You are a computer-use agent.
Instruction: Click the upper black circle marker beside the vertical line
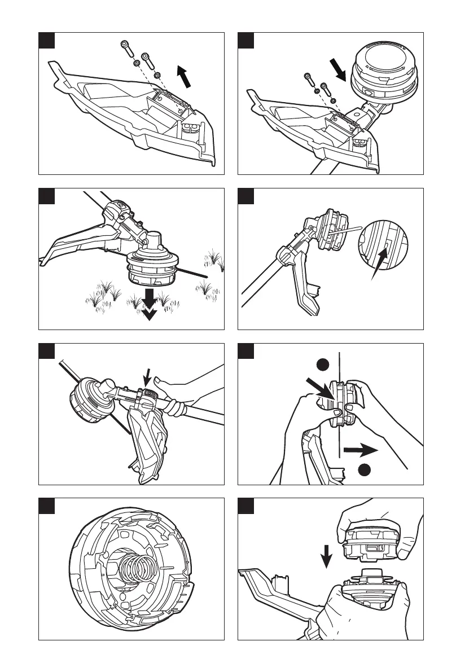(322, 365)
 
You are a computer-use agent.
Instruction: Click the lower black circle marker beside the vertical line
(365, 469)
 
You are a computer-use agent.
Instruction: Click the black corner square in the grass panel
(46, 196)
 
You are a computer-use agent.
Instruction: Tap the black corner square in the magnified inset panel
(245, 196)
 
